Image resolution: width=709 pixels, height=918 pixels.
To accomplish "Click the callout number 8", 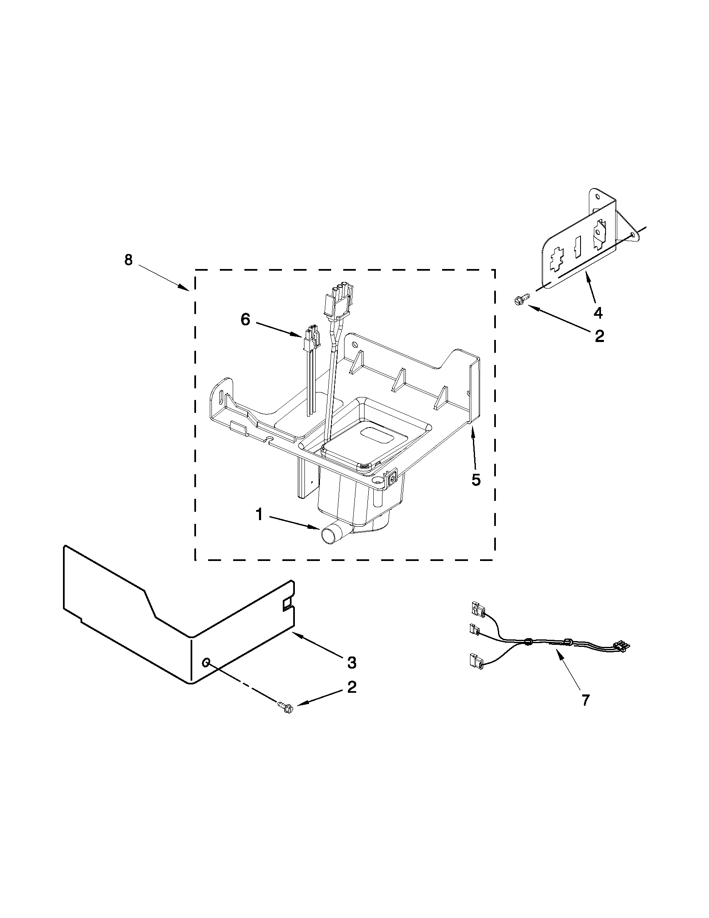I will [128, 260].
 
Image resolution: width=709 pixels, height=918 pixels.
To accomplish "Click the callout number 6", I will [246, 319].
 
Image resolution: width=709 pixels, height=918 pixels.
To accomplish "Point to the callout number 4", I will [597, 312].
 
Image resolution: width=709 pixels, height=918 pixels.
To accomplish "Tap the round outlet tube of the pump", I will [329, 536].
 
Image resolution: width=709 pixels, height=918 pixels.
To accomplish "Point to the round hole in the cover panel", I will [206, 663].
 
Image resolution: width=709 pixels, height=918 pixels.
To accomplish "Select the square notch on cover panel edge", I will [287, 604].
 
